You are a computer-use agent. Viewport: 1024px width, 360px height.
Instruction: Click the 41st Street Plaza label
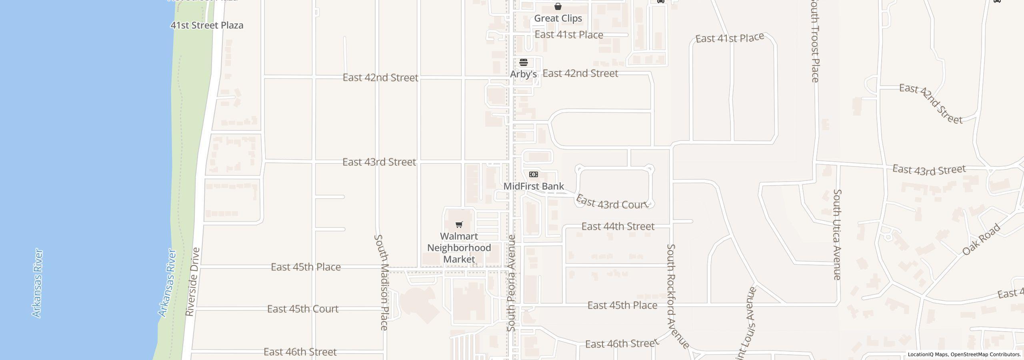(207, 25)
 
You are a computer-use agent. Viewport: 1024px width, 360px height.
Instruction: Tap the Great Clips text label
(558, 18)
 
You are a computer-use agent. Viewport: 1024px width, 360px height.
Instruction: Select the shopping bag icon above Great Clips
(558, 6)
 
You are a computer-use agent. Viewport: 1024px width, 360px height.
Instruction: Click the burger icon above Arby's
(524, 62)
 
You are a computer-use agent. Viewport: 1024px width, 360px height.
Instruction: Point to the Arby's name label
(523, 74)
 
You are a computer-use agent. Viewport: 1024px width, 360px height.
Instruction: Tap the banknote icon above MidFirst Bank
(534, 174)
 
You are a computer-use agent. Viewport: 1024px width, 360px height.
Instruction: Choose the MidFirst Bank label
(534, 186)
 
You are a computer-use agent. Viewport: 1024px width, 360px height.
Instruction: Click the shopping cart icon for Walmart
(459, 225)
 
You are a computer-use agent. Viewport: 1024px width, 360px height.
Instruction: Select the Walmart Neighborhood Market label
(459, 248)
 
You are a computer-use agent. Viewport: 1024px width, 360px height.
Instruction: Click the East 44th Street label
(618, 226)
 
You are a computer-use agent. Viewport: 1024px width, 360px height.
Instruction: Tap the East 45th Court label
(303, 309)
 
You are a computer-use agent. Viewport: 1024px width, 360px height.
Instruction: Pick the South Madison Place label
(382, 282)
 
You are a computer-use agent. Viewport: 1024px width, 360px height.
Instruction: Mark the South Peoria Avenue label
(511, 283)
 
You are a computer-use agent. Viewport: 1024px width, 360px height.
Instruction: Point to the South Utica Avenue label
(837, 234)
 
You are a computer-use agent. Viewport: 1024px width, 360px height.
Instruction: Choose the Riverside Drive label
(193, 282)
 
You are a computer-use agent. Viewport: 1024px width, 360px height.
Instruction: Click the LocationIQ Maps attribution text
(964, 354)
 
